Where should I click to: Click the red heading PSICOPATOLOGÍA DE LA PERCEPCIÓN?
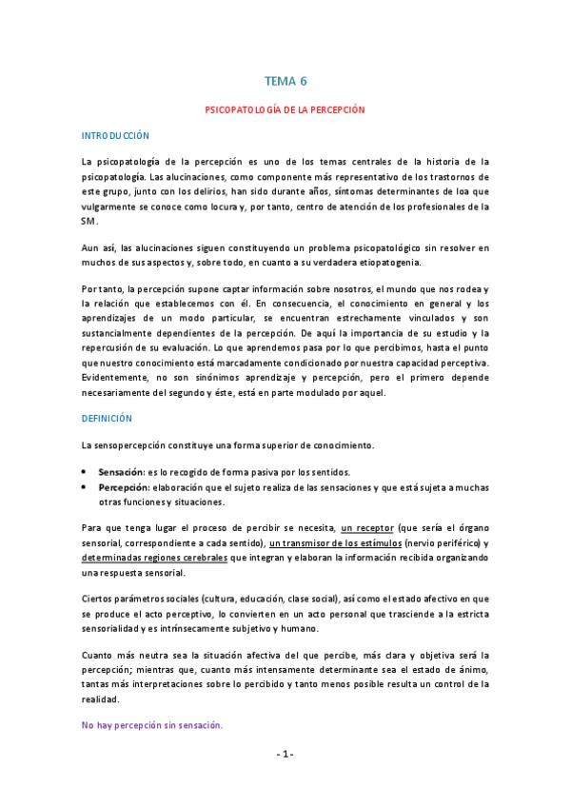[285, 110]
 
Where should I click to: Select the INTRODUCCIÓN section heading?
[114, 136]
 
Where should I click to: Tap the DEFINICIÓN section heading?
[106, 417]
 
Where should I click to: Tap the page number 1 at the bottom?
[285, 754]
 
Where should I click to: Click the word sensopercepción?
[134, 444]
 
